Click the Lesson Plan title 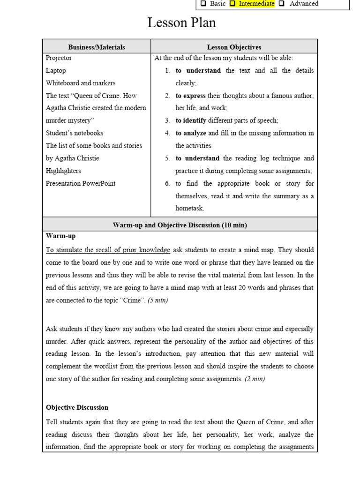point(182,23)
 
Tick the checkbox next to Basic point(203,4)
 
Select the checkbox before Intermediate point(232,4)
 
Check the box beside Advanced point(281,4)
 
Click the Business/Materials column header point(97,47)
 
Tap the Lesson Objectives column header point(234,47)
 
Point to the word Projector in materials point(59,58)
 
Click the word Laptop point(56,70)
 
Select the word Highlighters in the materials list point(63,171)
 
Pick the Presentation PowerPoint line point(81,183)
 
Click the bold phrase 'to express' point(191,96)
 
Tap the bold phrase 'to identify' point(191,120)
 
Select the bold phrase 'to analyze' point(191,133)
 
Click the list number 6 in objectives point(167,183)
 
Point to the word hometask point(190,208)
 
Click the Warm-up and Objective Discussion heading point(180,225)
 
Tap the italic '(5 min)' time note point(157,300)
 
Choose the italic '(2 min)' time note point(255,379)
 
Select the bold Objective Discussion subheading point(77,407)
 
